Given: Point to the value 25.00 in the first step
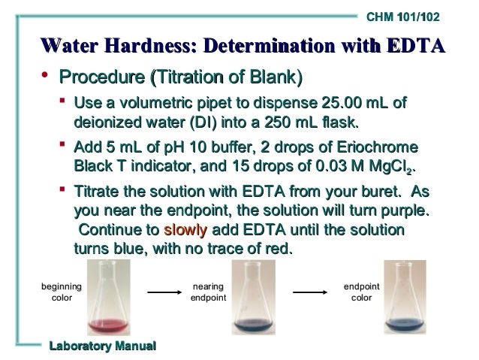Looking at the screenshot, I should pyautogui.click(x=344, y=103).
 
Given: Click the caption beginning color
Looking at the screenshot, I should pyautogui.click(x=62, y=292).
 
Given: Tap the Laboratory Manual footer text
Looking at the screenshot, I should pyautogui.click(x=102, y=345).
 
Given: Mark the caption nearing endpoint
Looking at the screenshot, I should pyautogui.click(x=208, y=292).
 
